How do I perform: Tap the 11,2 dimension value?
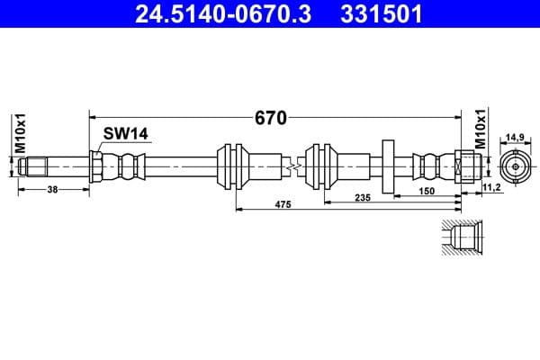pyautogui.click(x=492, y=186)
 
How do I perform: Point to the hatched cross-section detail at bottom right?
pyautogui.click(x=464, y=238)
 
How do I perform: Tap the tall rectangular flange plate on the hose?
pyautogui.click(x=389, y=166)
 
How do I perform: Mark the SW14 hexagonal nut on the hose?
pyautogui.click(x=96, y=166)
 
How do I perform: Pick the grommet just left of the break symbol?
pyautogui.click(x=232, y=166)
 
